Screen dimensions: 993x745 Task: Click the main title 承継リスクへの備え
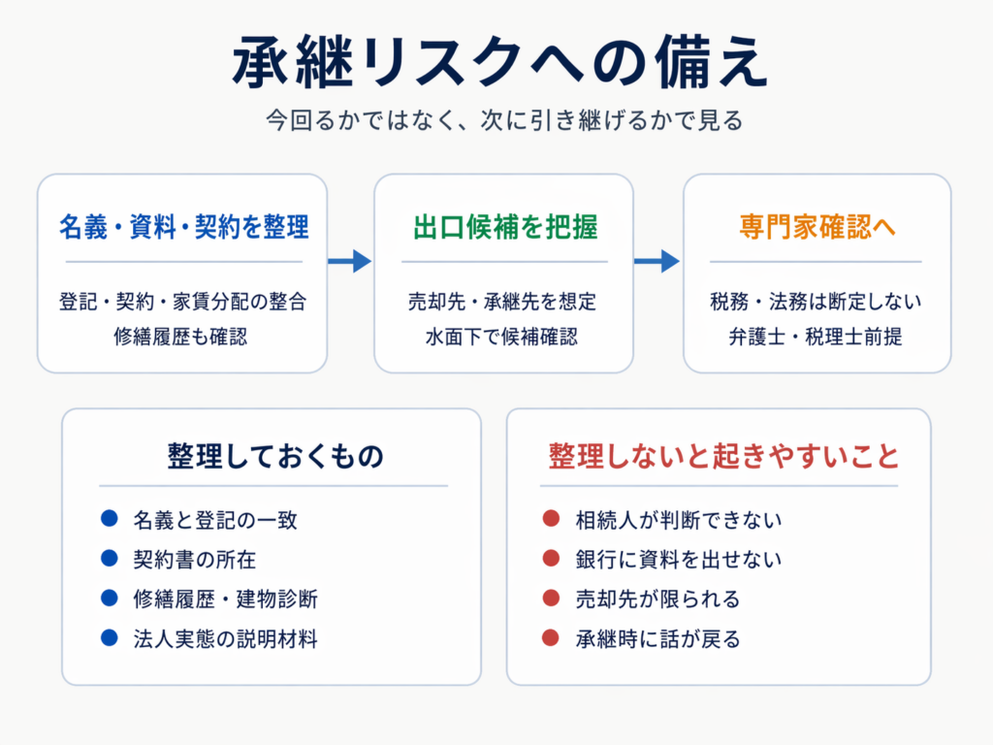click(x=500, y=61)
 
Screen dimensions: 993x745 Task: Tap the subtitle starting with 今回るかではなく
click(x=504, y=119)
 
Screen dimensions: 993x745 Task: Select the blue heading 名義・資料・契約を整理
click(x=183, y=227)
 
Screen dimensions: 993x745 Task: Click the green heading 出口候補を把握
click(x=504, y=227)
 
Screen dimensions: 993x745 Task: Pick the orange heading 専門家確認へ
click(x=817, y=227)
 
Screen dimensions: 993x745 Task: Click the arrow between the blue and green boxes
click(x=349, y=261)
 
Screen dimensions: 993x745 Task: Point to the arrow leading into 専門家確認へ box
click(x=657, y=261)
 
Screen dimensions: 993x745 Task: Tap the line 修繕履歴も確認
click(x=180, y=337)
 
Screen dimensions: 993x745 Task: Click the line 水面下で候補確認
click(x=501, y=337)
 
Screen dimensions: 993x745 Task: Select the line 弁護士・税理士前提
click(x=815, y=337)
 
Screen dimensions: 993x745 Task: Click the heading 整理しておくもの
click(x=275, y=456)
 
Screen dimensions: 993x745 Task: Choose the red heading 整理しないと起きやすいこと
click(x=723, y=456)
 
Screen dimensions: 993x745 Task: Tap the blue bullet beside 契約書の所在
click(x=109, y=558)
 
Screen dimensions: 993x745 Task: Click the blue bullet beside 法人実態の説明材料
click(x=109, y=637)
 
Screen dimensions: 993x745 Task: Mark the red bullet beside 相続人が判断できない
click(x=551, y=518)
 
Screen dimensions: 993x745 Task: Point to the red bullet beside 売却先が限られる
click(x=551, y=598)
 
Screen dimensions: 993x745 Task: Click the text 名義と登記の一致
click(x=215, y=520)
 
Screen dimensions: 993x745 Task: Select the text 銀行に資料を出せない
click(x=678, y=560)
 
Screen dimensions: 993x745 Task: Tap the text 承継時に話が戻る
click(x=657, y=639)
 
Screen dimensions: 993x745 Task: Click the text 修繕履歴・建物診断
click(x=225, y=599)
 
